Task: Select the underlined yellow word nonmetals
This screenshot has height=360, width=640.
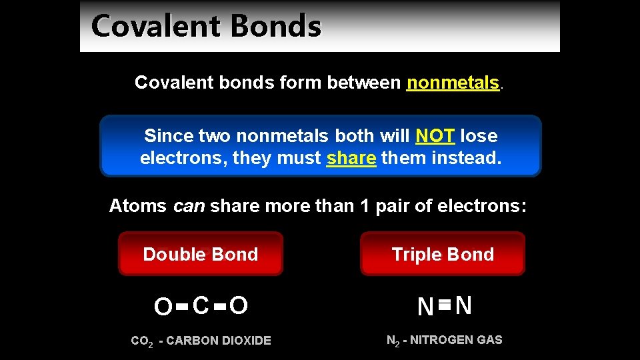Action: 453,83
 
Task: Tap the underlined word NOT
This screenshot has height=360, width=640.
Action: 435,136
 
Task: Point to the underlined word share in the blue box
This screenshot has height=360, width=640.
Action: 351,159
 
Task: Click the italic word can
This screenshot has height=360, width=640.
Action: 189,206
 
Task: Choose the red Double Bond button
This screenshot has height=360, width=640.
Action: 201,254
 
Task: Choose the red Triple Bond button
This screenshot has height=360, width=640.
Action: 443,254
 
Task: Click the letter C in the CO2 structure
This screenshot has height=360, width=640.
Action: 201,306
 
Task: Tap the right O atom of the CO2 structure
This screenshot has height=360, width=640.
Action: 239,306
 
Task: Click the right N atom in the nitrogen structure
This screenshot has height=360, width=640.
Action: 464,306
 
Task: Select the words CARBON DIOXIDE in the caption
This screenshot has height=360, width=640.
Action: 219,341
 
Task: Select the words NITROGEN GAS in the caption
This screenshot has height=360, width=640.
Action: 456,340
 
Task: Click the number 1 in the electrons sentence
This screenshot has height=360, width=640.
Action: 364,206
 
